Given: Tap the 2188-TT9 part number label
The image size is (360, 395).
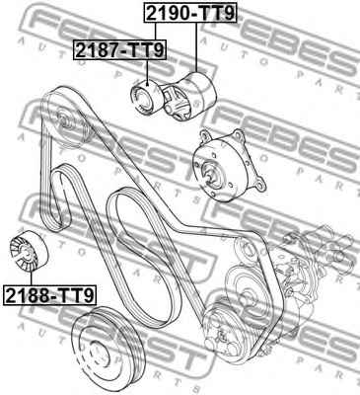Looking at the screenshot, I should (48, 294).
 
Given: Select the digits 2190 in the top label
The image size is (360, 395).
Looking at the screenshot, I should (171, 14).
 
